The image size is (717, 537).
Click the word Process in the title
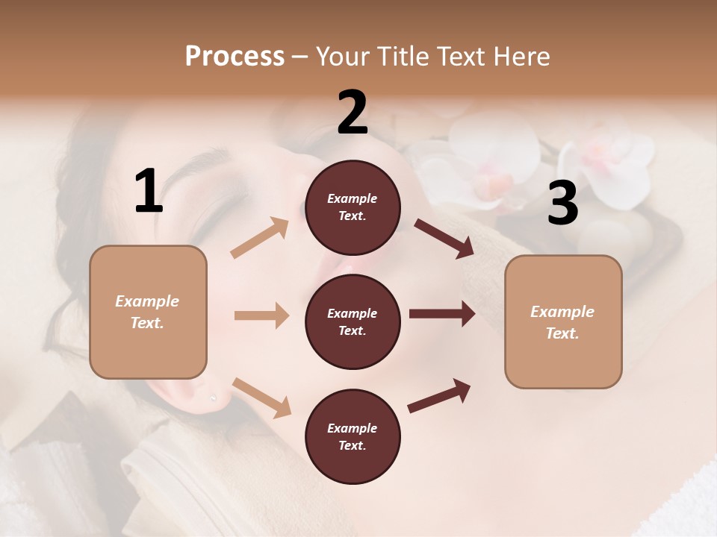(235, 56)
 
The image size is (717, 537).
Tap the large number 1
(149, 192)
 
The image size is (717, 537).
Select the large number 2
(353, 113)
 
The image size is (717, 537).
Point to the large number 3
(562, 203)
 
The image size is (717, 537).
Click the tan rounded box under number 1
(148, 312)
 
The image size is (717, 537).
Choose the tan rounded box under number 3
(563, 322)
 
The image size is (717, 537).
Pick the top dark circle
(353, 207)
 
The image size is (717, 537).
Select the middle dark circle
(353, 322)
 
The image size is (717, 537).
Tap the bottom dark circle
(353, 437)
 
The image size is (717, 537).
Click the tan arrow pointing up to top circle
(260, 238)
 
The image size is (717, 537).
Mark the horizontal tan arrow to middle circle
(261, 315)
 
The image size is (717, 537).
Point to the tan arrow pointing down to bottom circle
(261, 398)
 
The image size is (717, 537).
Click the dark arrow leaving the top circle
(444, 238)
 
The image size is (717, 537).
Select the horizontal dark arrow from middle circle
(441, 314)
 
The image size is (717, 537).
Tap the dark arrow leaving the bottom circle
(439, 396)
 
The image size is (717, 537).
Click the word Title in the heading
(400, 57)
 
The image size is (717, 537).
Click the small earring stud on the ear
(212, 399)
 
